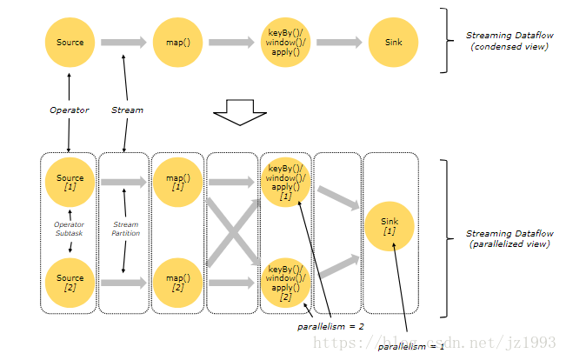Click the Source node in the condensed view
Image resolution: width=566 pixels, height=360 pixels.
coord(70,42)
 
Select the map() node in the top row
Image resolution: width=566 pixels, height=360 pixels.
coord(177,42)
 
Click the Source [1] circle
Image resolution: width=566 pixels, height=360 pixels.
coord(70,183)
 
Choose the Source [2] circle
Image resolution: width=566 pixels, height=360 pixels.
coord(70,283)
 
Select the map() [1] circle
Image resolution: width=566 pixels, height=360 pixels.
coord(177,183)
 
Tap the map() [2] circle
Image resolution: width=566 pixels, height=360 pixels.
coord(177,283)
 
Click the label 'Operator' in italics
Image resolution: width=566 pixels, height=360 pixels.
coord(70,110)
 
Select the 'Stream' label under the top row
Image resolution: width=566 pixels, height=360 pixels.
coord(127,110)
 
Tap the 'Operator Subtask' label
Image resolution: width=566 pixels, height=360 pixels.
coord(70,228)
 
